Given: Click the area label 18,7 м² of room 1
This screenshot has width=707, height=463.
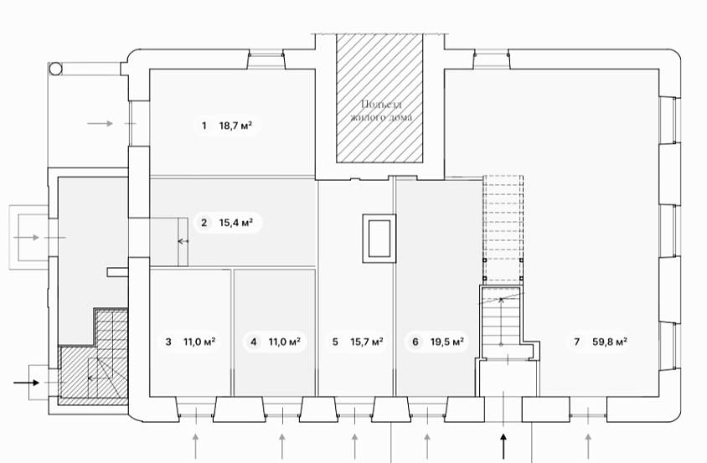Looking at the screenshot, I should tap(236, 126).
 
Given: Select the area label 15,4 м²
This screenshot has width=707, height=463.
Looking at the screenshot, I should tap(236, 223).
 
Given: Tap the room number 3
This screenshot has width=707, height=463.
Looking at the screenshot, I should tap(168, 342).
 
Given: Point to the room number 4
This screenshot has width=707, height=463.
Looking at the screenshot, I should tap(253, 342).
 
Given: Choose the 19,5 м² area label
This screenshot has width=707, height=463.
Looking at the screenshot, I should tap(447, 342).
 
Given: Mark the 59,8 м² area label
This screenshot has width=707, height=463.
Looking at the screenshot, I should tap(611, 342).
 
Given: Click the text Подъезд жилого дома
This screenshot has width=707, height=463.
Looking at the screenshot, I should tap(381, 111).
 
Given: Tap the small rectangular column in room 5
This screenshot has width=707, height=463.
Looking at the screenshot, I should tap(379, 237).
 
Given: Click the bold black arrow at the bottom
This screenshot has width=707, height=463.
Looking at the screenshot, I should tap(503, 445).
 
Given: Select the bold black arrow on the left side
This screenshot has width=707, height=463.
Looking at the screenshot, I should tap(27, 383).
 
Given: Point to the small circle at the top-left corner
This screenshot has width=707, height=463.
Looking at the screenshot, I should tap(55, 68).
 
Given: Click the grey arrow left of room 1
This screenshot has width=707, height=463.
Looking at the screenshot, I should tap(100, 123).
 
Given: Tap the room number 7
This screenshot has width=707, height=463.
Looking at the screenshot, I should tap(576, 342).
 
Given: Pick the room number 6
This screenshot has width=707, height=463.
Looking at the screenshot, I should tap(415, 342).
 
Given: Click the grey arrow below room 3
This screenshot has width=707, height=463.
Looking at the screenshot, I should tap(196, 445).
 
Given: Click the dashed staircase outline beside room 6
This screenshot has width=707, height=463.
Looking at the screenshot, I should tap(503, 228).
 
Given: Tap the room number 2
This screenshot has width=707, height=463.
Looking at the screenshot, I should tap(204, 223).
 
